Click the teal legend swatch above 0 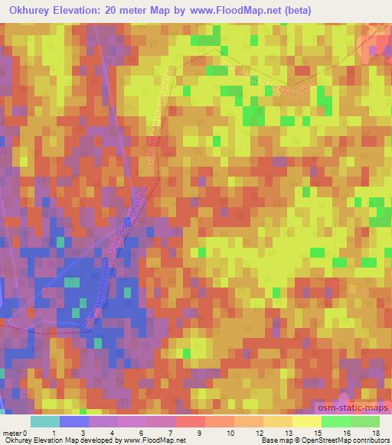click(x=44, y=421)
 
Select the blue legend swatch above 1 click(x=73, y=421)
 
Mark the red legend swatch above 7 click(x=190, y=421)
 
